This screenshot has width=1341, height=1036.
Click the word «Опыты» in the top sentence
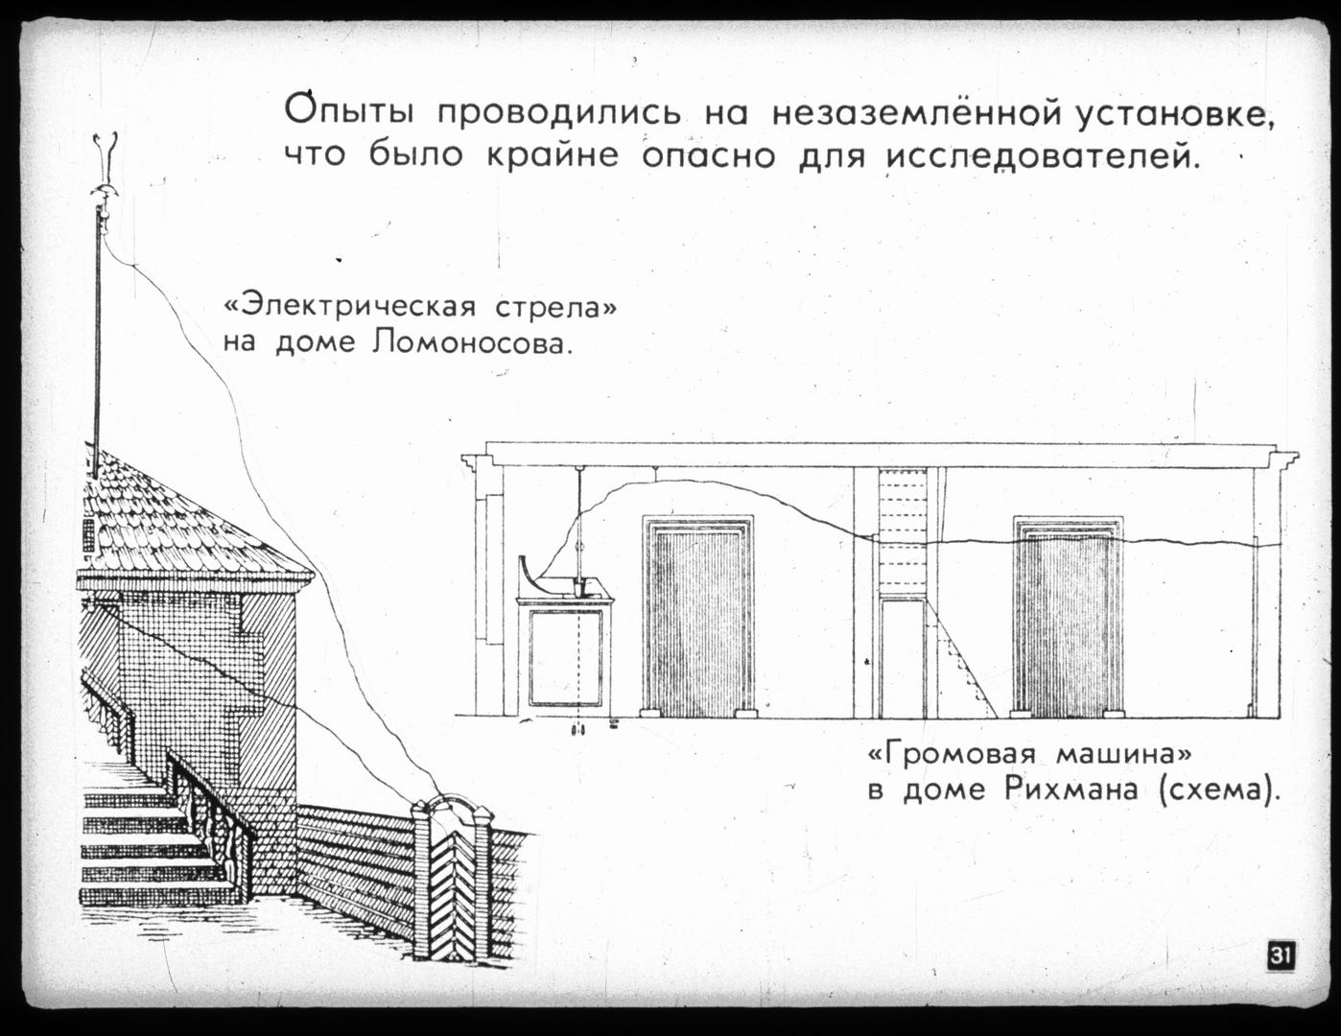[349, 111]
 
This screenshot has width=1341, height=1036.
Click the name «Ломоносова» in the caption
[470, 341]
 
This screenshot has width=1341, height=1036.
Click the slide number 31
[1281, 955]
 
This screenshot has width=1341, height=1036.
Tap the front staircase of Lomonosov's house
[144, 844]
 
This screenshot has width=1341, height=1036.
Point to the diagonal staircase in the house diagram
[964, 662]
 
